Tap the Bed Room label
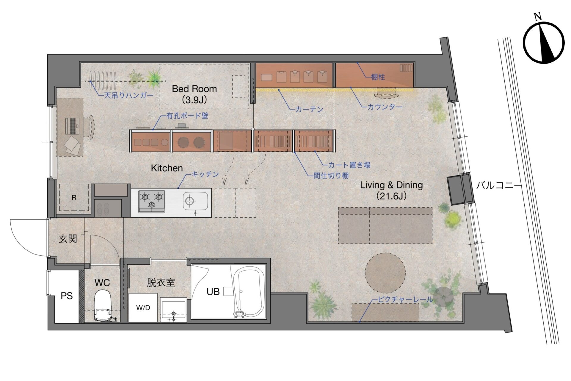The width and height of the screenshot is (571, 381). click(194, 94)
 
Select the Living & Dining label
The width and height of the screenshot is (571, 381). click(391, 190)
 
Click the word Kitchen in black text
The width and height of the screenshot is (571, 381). click(167, 168)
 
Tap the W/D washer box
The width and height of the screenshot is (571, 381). click(143, 307)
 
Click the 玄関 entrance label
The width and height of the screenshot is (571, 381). click(68, 238)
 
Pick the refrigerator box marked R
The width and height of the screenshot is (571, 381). click(74, 197)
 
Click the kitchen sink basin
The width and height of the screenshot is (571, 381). click(195, 201)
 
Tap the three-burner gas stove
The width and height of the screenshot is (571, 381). click(152, 201)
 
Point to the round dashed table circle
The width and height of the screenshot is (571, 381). click(385, 273)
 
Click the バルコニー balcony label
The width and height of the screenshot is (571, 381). click(499, 186)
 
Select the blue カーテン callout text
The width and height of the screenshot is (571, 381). click(309, 109)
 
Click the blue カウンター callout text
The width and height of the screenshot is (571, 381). click(385, 107)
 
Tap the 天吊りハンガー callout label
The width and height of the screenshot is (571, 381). click(128, 96)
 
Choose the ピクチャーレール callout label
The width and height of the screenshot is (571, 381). click(405, 299)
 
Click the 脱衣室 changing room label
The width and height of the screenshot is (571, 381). click(161, 282)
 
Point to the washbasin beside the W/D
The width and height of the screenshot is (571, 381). click(174, 310)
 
